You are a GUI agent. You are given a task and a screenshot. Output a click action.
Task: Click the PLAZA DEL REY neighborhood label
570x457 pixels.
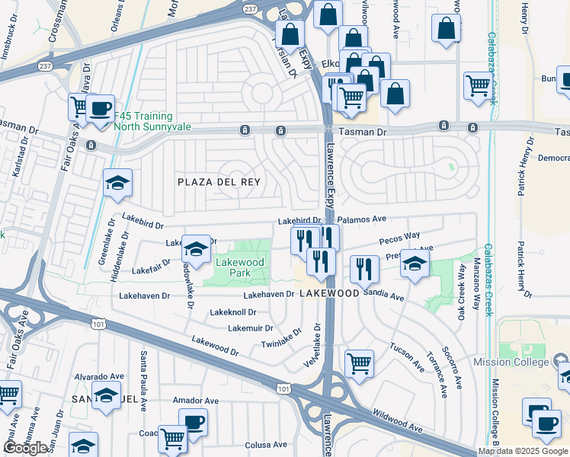click(x=219, y=182)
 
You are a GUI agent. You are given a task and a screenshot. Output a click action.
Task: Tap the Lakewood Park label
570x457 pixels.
click(x=239, y=267)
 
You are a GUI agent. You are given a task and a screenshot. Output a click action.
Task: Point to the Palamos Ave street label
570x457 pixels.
click(x=362, y=219)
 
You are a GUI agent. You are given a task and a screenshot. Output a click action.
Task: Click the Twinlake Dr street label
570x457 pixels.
click(x=281, y=338)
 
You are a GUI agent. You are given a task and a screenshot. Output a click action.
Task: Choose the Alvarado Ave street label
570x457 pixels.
click(x=98, y=376)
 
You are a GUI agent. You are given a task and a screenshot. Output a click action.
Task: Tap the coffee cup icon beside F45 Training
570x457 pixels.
click(x=100, y=108)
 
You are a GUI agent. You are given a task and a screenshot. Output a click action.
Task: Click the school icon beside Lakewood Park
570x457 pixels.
click(x=196, y=249)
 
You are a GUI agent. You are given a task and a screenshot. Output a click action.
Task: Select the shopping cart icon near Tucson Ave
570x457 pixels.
click(x=359, y=363)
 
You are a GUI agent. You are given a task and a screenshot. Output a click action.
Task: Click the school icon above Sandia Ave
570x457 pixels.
click(x=415, y=264)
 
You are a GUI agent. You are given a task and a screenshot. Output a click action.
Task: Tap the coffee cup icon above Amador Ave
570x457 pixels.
click(x=193, y=422)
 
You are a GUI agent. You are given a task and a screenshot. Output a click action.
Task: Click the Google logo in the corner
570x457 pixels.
click(x=26, y=449)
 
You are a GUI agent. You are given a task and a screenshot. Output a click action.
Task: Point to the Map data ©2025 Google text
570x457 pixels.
click(x=523, y=451)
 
